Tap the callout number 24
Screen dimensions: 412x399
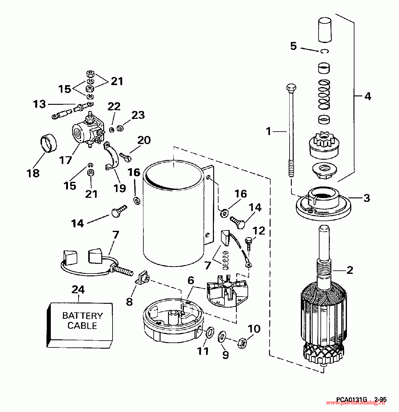point(78,289)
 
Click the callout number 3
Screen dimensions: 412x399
point(367,198)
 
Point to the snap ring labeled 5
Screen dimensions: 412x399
point(324,51)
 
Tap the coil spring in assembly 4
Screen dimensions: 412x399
point(324,95)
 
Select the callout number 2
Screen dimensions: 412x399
point(350,270)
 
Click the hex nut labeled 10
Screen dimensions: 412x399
point(242,343)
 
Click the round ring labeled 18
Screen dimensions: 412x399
point(50,143)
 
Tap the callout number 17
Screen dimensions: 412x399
point(66,160)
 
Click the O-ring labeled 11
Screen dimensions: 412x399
point(210,332)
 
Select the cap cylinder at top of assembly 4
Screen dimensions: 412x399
point(325,30)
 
